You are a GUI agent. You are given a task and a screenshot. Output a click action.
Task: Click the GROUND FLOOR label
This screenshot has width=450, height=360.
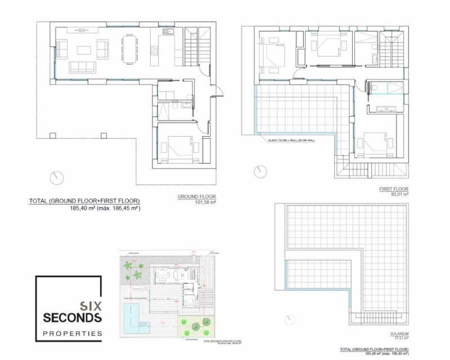(x=197, y=197)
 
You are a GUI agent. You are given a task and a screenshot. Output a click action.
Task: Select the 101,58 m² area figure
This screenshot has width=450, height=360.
(x=205, y=202)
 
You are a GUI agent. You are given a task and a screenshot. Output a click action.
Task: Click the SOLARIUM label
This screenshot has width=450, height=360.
(x=399, y=334)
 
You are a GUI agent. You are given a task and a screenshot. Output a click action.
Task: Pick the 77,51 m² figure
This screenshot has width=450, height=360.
(x=400, y=339)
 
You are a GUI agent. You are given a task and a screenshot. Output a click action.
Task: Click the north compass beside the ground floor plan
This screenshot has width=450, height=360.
(x=57, y=178)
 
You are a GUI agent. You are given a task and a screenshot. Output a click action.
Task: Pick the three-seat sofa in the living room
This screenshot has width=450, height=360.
(x=82, y=67)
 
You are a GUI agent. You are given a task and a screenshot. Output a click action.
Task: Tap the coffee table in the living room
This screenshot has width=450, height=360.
(x=84, y=49)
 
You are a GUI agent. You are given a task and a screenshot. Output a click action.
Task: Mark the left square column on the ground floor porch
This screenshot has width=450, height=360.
(x=53, y=135)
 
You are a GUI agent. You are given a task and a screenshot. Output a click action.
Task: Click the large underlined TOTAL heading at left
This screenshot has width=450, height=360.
(x=84, y=201)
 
